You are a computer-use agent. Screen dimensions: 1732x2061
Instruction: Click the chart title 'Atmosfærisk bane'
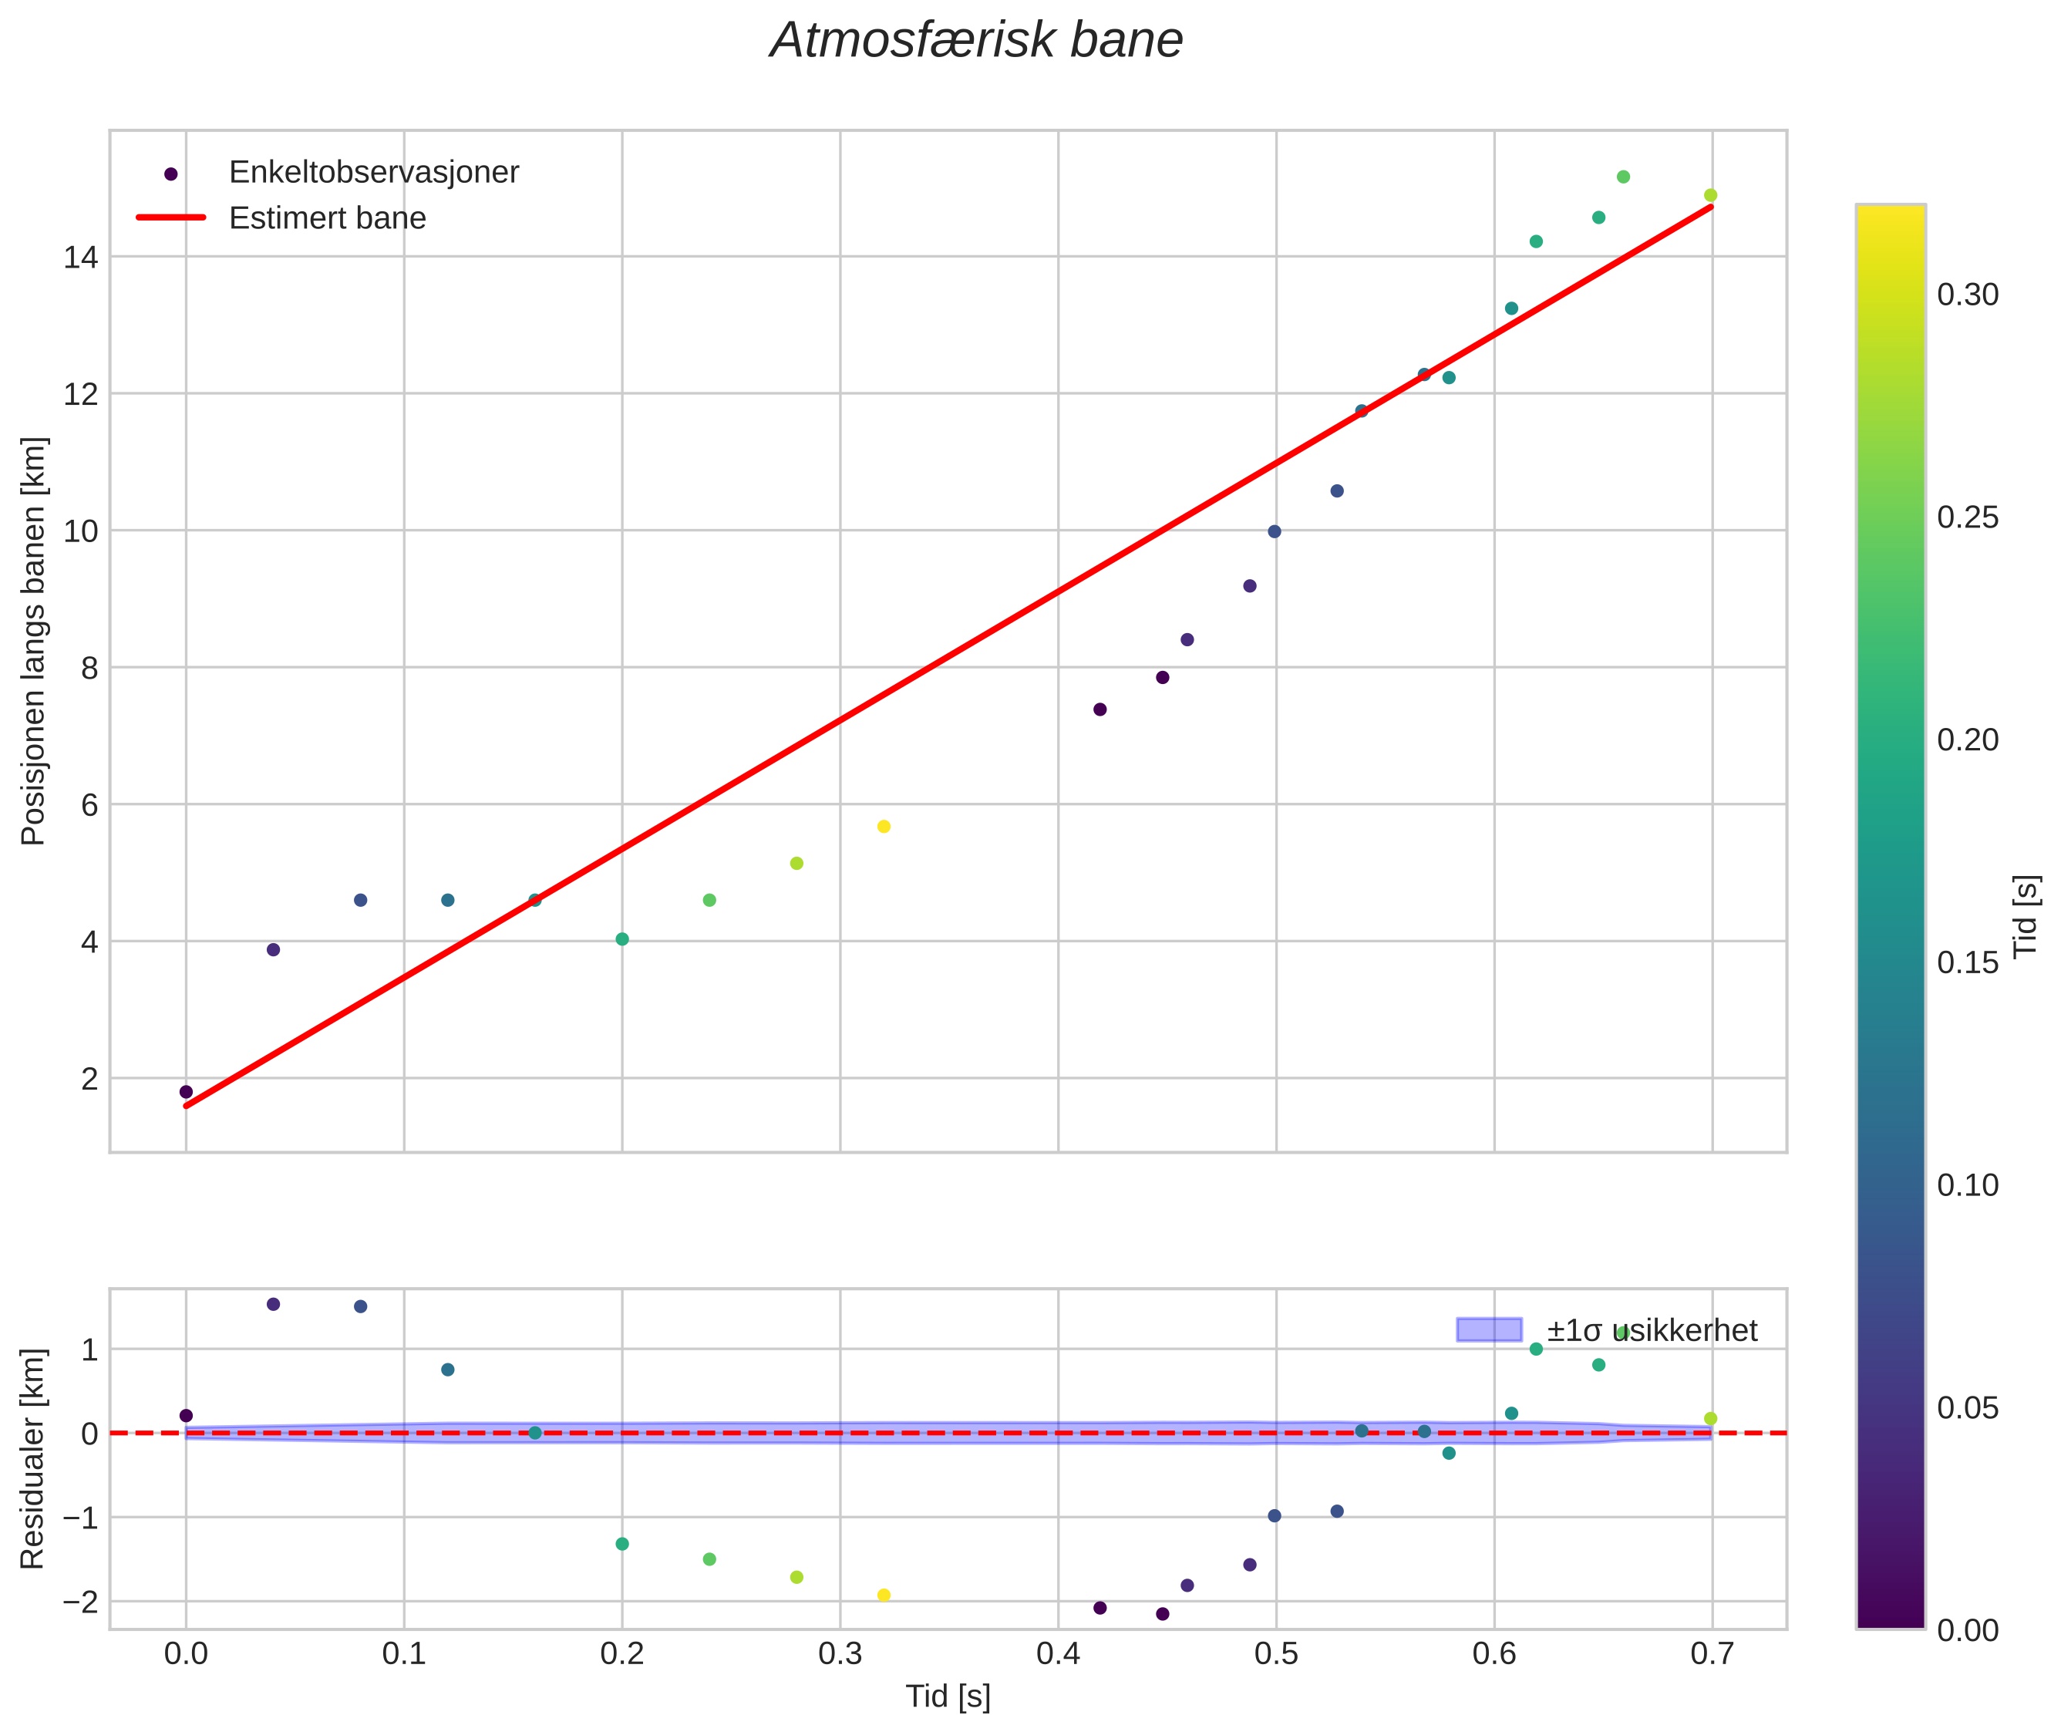[976, 41]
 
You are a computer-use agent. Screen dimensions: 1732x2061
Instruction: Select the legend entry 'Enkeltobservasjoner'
[373, 173]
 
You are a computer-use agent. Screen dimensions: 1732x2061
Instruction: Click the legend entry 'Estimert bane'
[327, 218]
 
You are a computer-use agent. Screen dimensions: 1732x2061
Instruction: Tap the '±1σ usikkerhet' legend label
[1652, 1330]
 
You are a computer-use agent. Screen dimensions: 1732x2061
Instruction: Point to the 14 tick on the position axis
[82, 258]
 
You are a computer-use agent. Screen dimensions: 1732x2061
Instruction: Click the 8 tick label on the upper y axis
[89, 669]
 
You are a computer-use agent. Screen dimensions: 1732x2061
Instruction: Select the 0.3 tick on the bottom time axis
[840, 1654]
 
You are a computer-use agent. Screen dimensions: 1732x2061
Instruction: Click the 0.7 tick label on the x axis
[1712, 1654]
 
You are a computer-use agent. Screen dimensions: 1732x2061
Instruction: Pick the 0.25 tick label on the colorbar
[1968, 517]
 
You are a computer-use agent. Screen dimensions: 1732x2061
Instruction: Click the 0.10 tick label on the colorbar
[1968, 1185]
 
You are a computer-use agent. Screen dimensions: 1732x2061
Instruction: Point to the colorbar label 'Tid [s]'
[2026, 916]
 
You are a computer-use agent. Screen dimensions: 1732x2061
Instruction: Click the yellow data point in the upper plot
[884, 827]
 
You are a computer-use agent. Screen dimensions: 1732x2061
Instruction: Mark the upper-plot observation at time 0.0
[187, 1092]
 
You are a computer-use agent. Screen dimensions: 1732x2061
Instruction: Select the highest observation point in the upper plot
[1623, 177]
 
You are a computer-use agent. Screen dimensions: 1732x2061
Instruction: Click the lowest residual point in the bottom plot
[1163, 1613]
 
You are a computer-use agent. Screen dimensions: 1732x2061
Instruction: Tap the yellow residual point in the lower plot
[884, 1595]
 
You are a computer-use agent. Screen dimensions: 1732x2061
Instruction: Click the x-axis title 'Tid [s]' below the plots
[948, 1697]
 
